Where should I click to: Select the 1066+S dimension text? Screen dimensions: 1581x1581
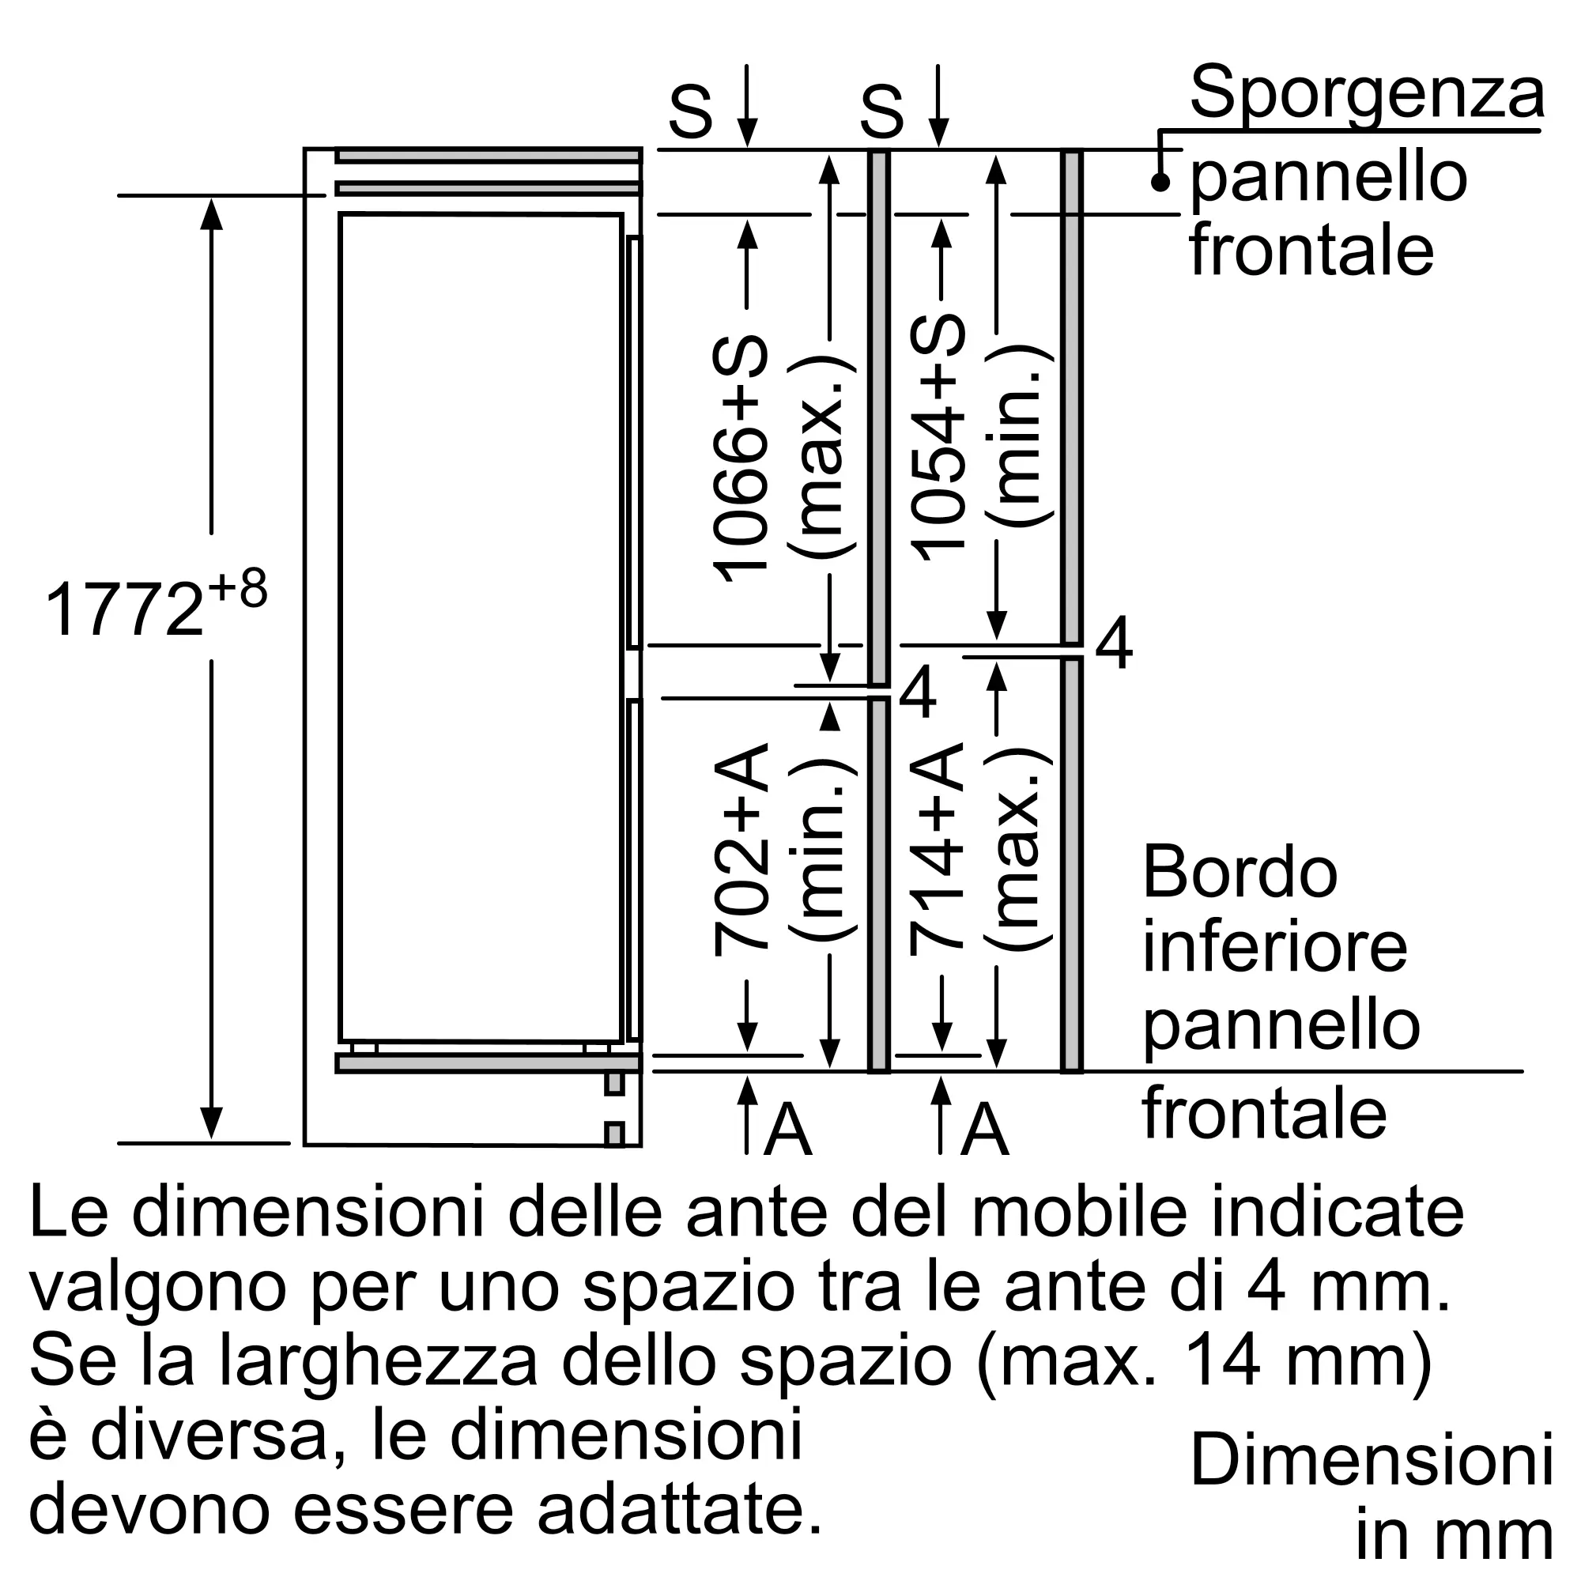tap(741, 459)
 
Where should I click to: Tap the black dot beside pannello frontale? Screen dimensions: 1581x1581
tap(1160, 183)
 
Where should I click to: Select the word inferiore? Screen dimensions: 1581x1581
tap(1275, 948)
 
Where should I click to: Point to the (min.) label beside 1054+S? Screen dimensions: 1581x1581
tap(1018, 437)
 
